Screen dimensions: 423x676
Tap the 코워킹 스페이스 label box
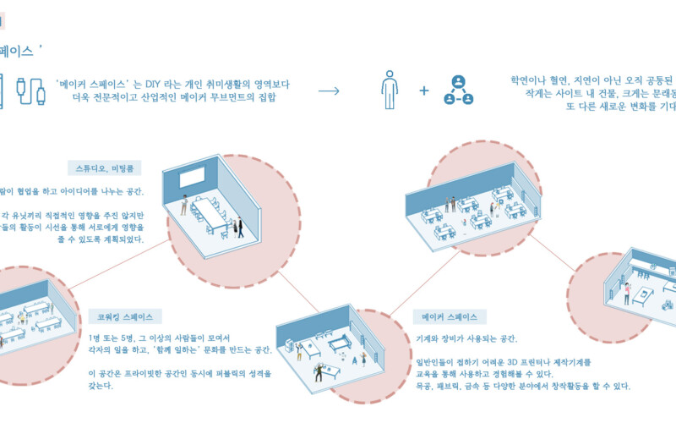coord(124,316)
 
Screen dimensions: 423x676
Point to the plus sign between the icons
coord(424,90)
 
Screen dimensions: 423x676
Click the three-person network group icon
coord(458,90)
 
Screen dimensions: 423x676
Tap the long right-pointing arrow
coord(330,90)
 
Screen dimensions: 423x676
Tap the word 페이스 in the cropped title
coord(17,51)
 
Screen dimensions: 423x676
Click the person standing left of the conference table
coord(185,204)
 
